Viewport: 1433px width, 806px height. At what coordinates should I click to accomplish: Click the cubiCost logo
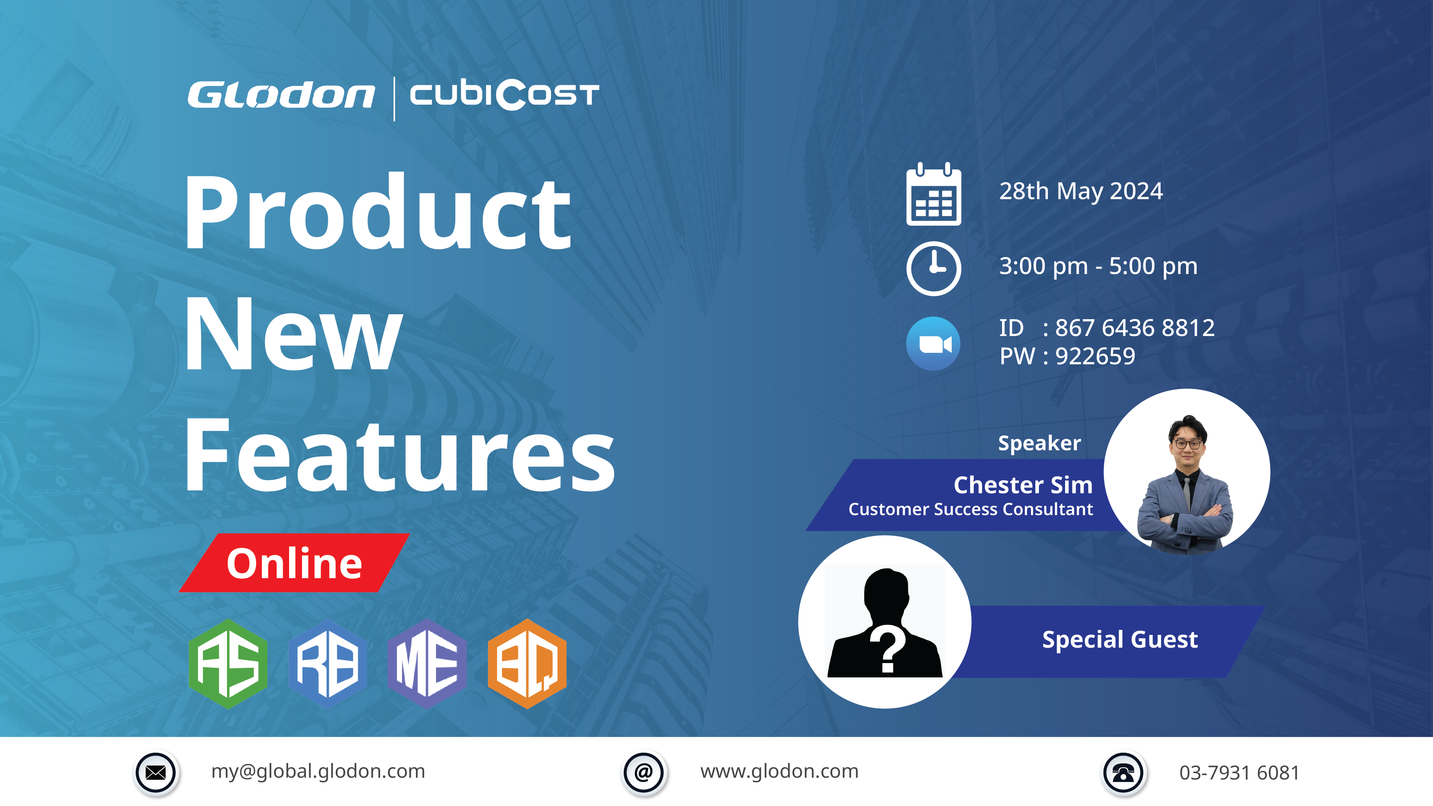504,95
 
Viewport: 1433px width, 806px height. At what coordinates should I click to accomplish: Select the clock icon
934,268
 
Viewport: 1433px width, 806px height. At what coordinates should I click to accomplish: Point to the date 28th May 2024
1081,191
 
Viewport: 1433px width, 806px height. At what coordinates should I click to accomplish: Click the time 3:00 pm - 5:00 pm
1098,267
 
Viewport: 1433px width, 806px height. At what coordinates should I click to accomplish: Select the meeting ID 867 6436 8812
1135,328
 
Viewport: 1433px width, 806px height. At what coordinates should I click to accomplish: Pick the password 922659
1095,356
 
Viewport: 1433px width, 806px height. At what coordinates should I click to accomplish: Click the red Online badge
294,563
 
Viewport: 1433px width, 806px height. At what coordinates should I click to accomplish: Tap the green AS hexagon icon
228,663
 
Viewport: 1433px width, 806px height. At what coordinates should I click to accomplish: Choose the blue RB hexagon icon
328,663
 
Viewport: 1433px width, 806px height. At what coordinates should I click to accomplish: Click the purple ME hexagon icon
427,663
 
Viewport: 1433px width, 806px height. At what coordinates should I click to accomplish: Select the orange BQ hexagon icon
527,663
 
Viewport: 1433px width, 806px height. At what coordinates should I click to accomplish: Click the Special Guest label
1120,640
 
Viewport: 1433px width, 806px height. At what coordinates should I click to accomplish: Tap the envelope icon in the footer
156,773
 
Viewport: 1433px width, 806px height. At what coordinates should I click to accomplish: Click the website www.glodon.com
779,772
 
